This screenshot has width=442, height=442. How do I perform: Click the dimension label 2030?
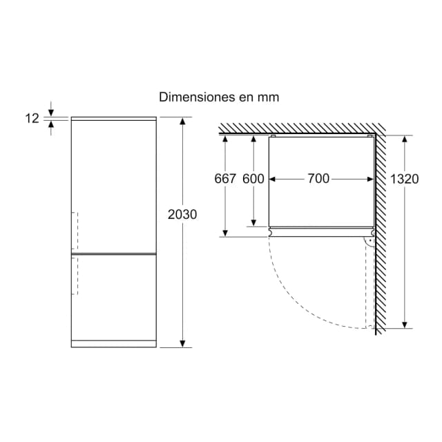[182, 215]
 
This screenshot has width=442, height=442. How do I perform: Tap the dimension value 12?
[32, 118]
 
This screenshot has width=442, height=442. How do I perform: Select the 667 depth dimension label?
[225, 179]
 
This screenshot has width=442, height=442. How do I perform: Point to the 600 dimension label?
[253, 179]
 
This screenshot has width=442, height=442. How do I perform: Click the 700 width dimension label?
[318, 178]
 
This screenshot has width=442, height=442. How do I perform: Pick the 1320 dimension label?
[404, 179]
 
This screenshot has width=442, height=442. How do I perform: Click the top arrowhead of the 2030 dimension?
[182, 122]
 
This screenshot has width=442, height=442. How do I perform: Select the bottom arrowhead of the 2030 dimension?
[182, 343]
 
